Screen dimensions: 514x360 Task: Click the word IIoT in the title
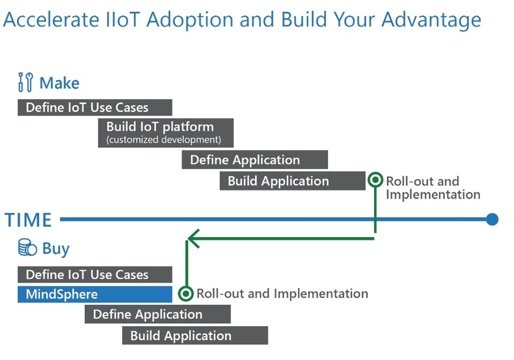[x=123, y=19]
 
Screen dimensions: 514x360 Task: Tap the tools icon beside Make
[x=26, y=82]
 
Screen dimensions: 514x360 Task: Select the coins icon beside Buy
[x=27, y=248]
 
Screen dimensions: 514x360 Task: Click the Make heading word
[x=59, y=83]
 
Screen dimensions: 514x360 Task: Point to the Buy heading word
[x=56, y=249]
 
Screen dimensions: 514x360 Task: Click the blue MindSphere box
[x=95, y=294]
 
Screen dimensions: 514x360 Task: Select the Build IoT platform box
[x=165, y=133]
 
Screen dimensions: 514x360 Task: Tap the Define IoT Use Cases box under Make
[x=95, y=107]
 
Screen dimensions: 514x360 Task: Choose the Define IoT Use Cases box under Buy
[x=95, y=275]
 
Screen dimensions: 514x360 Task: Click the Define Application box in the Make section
[x=255, y=160]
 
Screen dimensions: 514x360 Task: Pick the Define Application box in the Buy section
[x=158, y=314]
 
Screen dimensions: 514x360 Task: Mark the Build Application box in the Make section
[x=292, y=181]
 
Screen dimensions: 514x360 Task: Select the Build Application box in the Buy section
[x=195, y=335]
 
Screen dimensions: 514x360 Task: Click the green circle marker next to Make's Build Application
[x=375, y=180]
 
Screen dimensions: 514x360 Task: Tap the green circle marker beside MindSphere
[x=186, y=293]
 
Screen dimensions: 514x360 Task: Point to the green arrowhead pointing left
[x=193, y=239]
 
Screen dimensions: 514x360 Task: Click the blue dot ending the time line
[x=492, y=219]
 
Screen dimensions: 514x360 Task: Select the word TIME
[x=28, y=220]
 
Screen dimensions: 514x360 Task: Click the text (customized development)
[x=164, y=140]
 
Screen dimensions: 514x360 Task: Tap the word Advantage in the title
[x=431, y=20]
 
